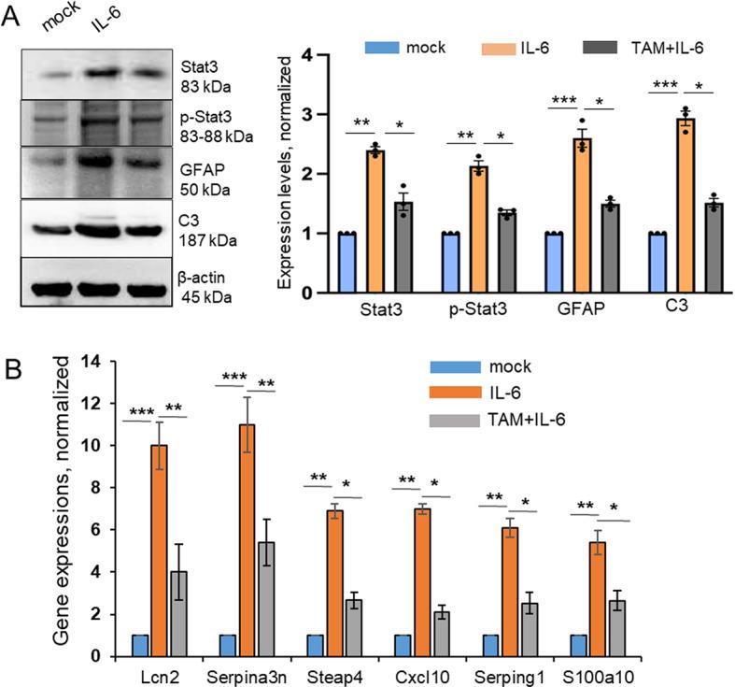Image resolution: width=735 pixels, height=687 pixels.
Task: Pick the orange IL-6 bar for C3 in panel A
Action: click(686, 205)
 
